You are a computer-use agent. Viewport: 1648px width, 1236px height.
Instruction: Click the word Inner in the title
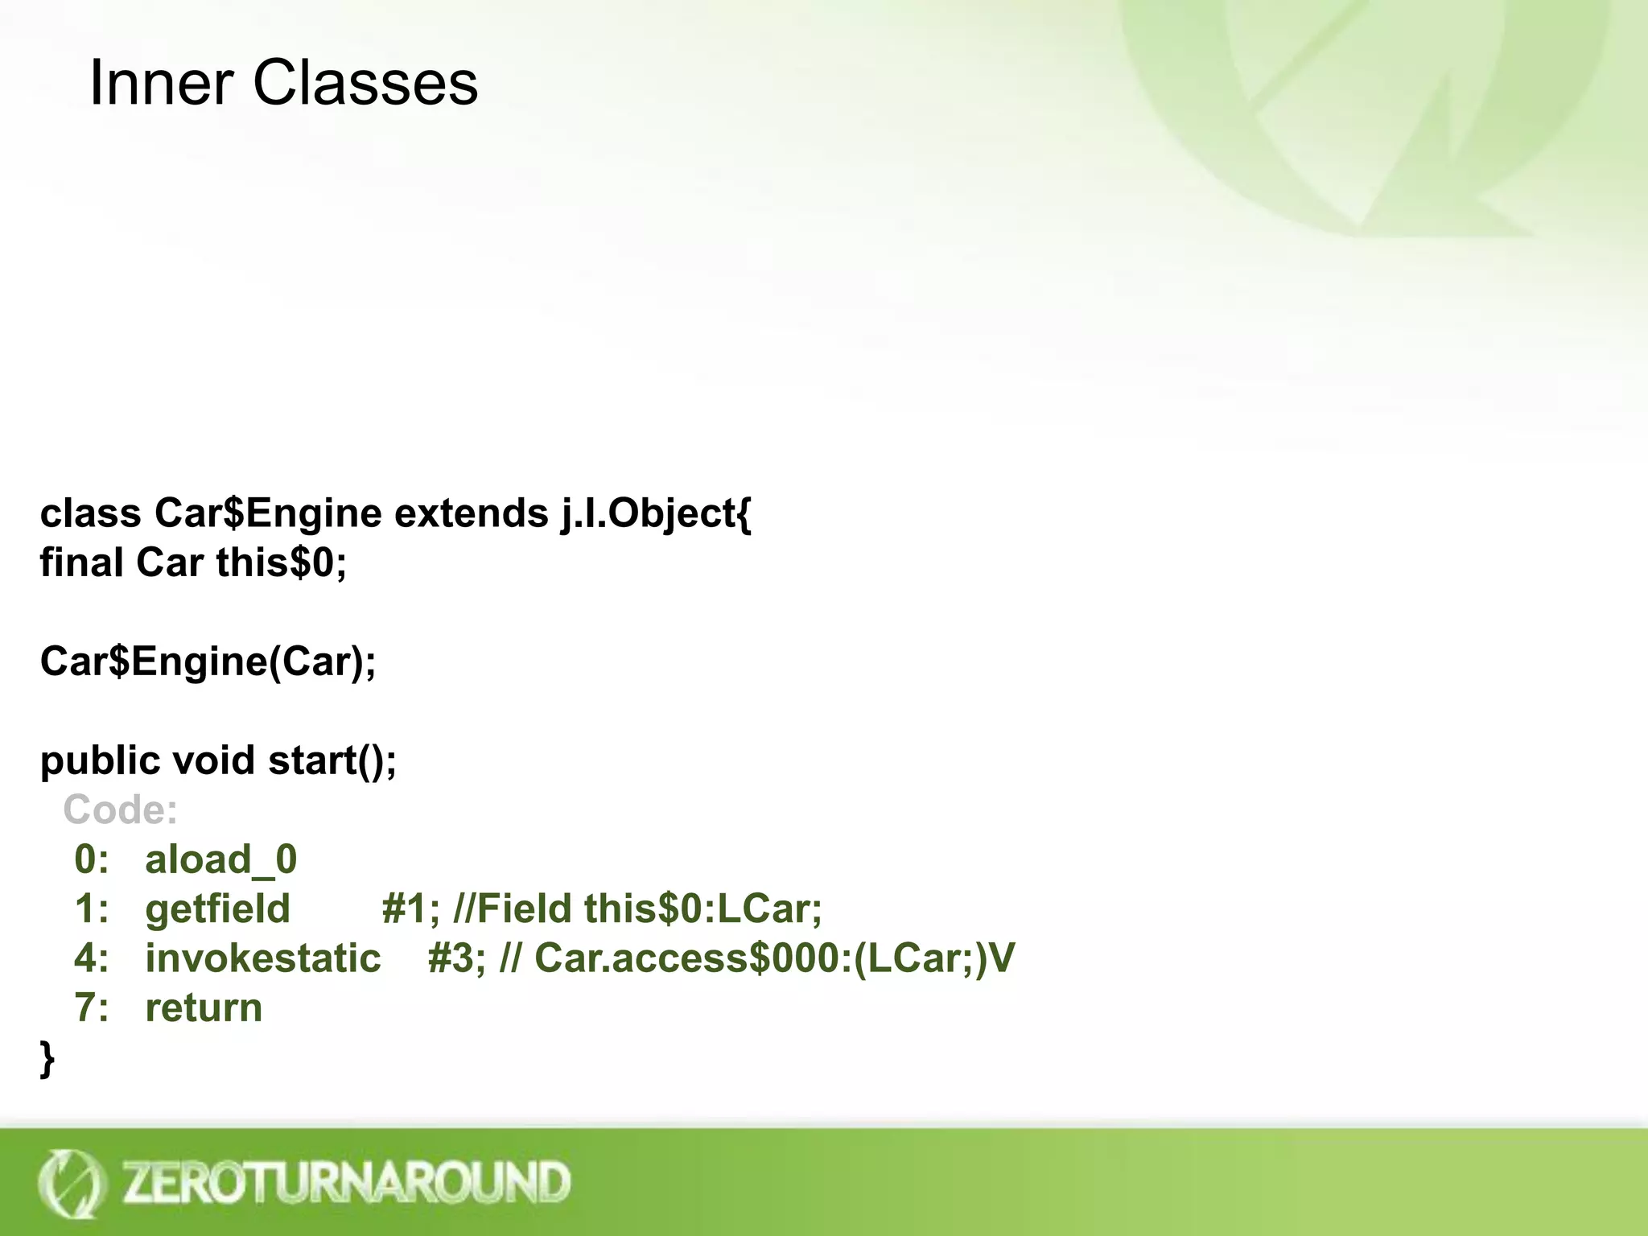tap(161, 84)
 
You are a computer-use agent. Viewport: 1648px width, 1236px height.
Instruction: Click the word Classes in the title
tap(365, 84)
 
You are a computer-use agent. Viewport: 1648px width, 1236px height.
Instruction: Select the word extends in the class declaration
tap(471, 513)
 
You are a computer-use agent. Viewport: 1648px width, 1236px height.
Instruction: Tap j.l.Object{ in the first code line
tap(656, 513)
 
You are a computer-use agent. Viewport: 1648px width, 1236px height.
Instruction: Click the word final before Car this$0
tap(81, 562)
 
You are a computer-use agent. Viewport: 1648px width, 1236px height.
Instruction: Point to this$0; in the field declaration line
tap(281, 562)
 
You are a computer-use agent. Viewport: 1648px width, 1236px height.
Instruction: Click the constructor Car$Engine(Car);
tap(208, 661)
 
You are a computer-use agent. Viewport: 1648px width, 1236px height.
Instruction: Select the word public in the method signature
tap(100, 760)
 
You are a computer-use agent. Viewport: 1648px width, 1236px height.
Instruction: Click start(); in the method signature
tap(332, 760)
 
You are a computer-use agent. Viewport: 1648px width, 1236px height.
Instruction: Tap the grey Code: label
tap(120, 810)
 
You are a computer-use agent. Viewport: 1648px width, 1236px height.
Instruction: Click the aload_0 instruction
tap(220, 859)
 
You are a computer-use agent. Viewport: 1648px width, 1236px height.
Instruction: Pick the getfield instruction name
tap(217, 909)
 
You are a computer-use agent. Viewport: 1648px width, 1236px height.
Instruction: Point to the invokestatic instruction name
tap(262, 958)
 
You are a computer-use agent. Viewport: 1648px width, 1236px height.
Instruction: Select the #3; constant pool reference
tap(456, 958)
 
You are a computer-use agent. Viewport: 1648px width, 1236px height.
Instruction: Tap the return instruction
tap(204, 1008)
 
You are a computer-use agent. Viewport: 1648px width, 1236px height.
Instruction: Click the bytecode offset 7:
tap(91, 1008)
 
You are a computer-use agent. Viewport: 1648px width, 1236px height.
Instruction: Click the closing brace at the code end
tap(47, 1058)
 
